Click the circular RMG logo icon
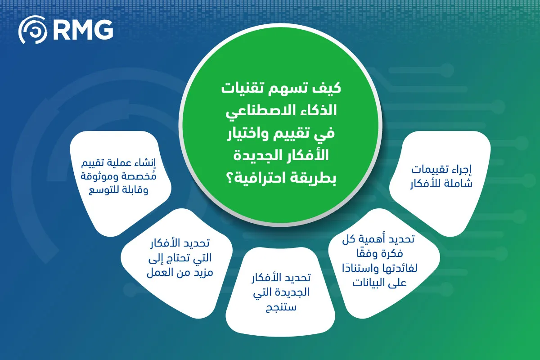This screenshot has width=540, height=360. click(x=32, y=30)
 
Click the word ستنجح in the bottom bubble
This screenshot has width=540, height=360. click(x=281, y=307)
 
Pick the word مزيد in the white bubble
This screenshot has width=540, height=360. click(x=203, y=273)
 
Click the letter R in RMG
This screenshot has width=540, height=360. click(x=59, y=30)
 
